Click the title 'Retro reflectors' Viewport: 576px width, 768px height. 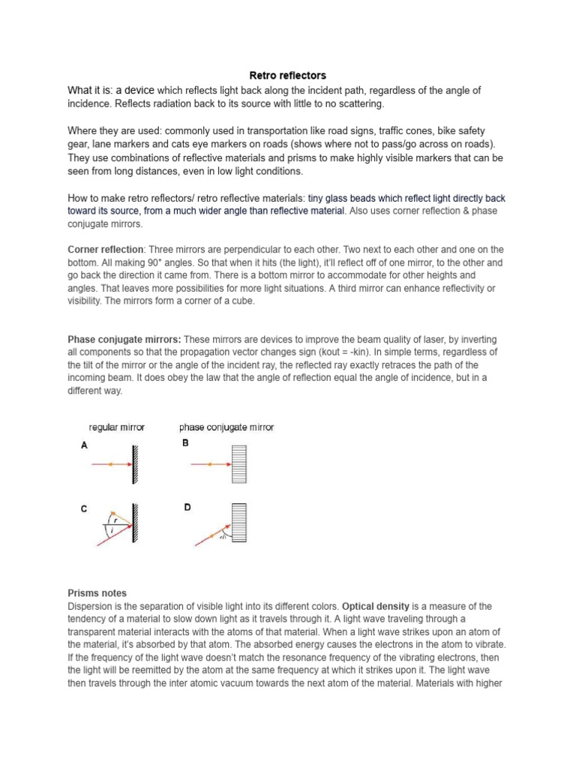[287, 76]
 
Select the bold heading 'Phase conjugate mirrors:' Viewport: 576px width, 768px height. [124, 340]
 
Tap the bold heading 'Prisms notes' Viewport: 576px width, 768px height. [97, 593]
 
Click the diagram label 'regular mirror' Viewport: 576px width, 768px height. [116, 427]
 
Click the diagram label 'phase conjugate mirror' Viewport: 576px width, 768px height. [226, 427]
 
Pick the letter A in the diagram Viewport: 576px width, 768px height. [84, 445]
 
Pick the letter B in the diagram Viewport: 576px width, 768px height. [185, 443]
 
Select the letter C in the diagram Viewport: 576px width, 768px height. [84, 509]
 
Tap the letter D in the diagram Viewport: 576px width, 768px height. [187, 508]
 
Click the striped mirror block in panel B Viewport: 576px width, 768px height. [239, 465]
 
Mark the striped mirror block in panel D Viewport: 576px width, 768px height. [239, 523]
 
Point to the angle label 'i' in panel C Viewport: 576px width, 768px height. [112, 530]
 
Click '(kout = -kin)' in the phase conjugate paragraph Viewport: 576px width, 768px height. [381, 352]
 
